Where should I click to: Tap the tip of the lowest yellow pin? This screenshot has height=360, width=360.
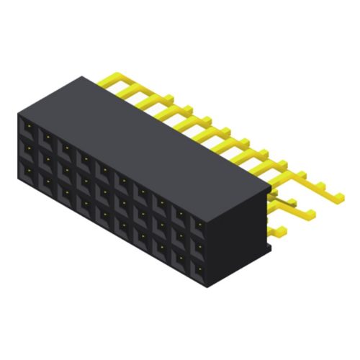[283, 230]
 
